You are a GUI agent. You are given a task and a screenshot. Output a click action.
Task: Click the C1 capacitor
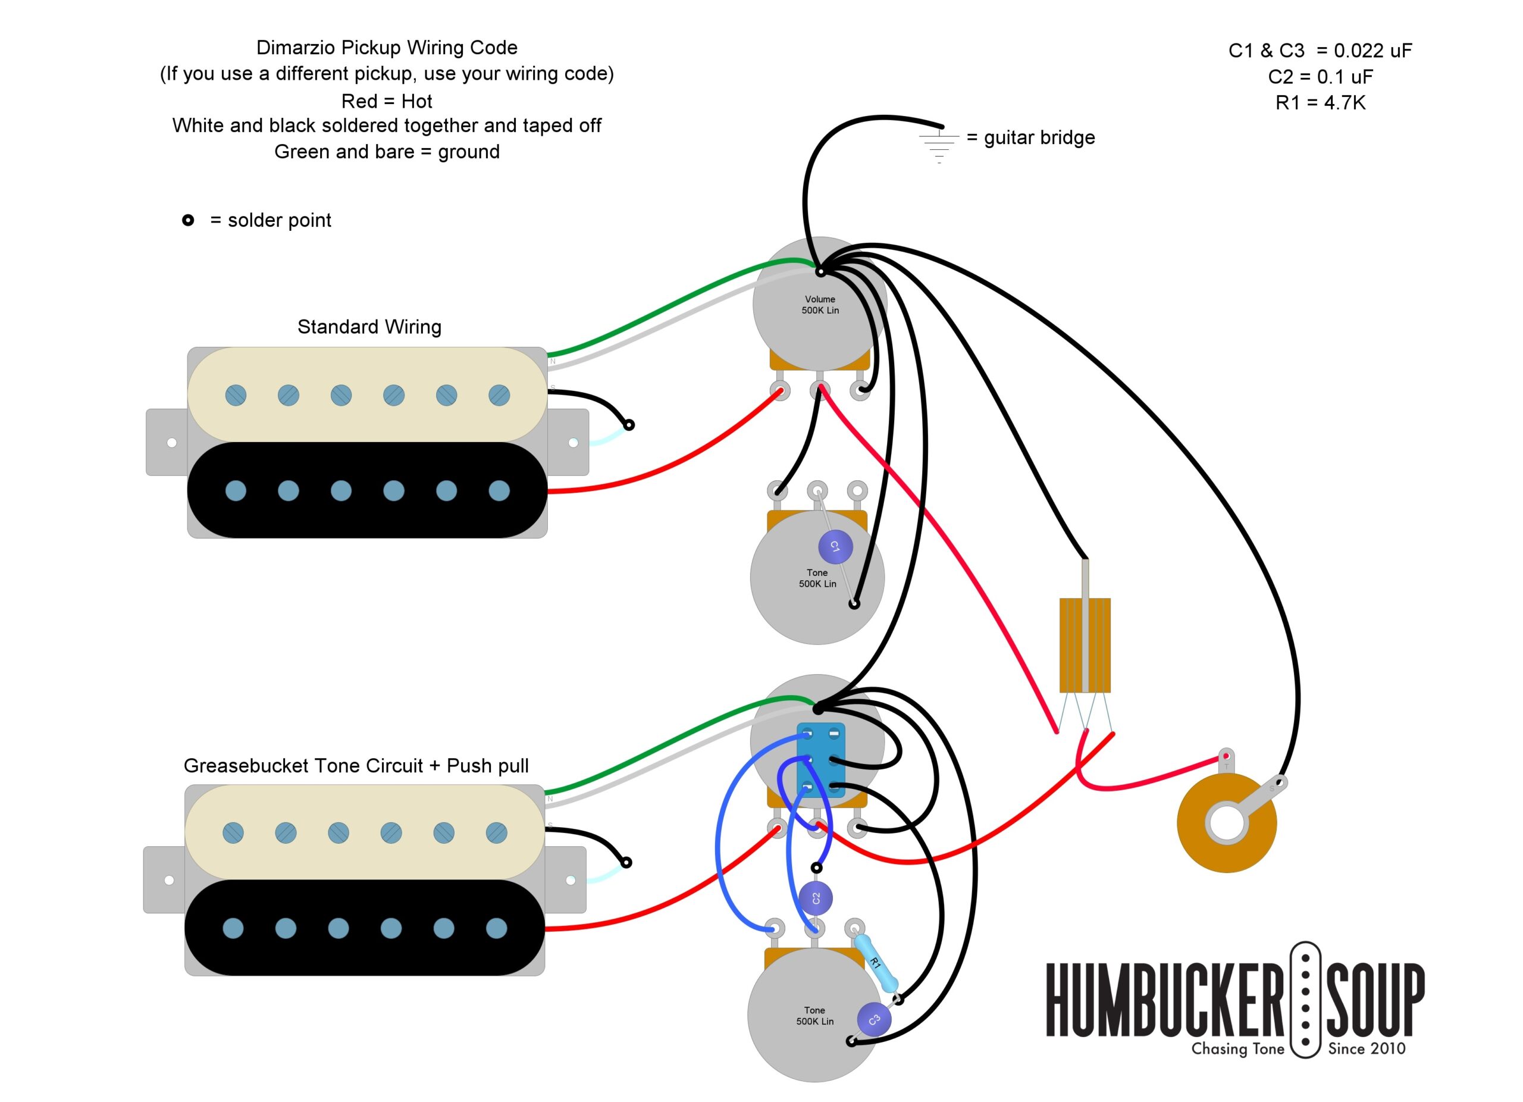point(835,547)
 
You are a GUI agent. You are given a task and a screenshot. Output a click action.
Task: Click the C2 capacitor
point(816,898)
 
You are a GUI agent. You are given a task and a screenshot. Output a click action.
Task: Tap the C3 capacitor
point(875,1020)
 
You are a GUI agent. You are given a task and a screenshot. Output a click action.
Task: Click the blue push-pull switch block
point(820,759)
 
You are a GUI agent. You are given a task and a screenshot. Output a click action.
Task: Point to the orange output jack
point(1226,824)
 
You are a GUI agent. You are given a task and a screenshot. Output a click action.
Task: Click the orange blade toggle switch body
point(1085,644)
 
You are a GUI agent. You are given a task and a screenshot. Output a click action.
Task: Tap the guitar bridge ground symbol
point(939,144)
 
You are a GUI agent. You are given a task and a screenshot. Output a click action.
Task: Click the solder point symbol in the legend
point(188,220)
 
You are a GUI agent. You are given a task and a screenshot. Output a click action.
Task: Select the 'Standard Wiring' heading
point(369,327)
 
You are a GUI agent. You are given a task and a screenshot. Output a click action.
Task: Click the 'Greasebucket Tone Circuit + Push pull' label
point(356,766)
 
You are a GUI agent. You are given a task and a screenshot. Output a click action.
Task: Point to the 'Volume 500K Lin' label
point(820,305)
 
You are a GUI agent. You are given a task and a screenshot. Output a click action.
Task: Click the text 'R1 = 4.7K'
point(1320,103)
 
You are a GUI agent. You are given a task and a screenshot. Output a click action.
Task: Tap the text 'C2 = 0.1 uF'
point(1320,77)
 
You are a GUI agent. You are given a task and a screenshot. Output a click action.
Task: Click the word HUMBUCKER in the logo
point(1164,999)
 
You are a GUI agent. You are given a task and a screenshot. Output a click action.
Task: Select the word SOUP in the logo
point(1375,999)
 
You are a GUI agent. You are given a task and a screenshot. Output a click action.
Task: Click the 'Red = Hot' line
point(387,101)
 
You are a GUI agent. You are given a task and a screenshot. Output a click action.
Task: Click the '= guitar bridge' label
point(1031,137)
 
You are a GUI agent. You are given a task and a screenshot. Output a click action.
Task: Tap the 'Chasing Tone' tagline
point(1237,1049)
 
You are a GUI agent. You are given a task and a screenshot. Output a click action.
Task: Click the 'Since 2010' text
point(1367,1049)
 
